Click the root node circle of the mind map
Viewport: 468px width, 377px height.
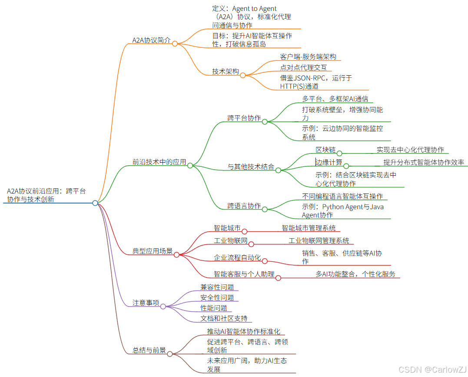click(95, 203)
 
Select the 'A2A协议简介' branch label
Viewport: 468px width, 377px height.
click(151, 40)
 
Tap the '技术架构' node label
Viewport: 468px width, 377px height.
click(226, 71)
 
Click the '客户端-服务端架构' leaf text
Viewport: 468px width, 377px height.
click(308, 57)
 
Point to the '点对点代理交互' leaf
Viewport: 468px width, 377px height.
click(303, 67)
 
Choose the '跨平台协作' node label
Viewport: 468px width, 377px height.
click(244, 118)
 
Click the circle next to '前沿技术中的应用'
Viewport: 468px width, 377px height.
click(190, 165)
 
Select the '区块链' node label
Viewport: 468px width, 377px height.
click(326, 150)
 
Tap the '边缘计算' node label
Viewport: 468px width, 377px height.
click(329, 163)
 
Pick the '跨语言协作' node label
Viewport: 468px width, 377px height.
click(244, 206)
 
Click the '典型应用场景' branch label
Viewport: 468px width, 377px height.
click(153, 251)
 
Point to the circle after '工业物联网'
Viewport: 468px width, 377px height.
click(251, 244)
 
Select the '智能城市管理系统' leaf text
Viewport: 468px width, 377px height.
click(309, 228)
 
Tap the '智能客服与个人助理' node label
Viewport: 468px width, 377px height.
click(244, 274)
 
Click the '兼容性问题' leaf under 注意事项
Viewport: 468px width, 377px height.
click(217, 287)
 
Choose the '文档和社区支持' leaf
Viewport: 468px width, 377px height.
click(224, 318)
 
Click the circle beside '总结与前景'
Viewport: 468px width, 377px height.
click(169, 353)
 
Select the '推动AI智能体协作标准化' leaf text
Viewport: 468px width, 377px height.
click(244, 331)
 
